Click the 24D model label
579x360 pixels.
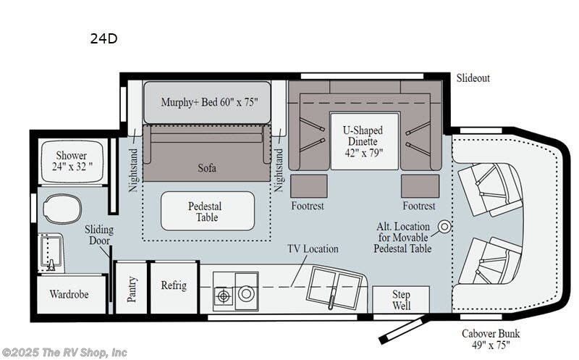pyautogui.click(x=103, y=38)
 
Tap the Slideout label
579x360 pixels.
pyautogui.click(x=473, y=78)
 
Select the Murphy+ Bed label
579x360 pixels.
pyautogui.click(x=209, y=102)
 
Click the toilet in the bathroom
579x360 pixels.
pyautogui.click(x=62, y=209)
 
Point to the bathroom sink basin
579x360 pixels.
pyautogui.click(x=51, y=254)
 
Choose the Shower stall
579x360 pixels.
pyautogui.click(x=72, y=162)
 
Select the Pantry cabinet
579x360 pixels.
pyautogui.click(x=131, y=288)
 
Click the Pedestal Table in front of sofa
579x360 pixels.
pyautogui.click(x=208, y=211)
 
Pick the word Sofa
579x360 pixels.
pyautogui.click(x=207, y=168)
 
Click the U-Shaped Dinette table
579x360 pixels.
pyautogui.click(x=365, y=141)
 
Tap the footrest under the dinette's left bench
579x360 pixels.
pyautogui.click(x=309, y=186)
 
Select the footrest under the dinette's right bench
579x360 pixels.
pyautogui.click(x=420, y=186)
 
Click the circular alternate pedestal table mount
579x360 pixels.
pyautogui.click(x=444, y=227)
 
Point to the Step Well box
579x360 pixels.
pyautogui.click(x=401, y=299)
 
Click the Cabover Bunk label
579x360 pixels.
pyautogui.click(x=491, y=339)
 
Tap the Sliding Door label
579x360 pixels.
pyautogui.click(x=98, y=235)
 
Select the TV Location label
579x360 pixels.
pyautogui.click(x=313, y=248)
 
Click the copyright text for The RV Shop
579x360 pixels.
pyautogui.click(x=64, y=353)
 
